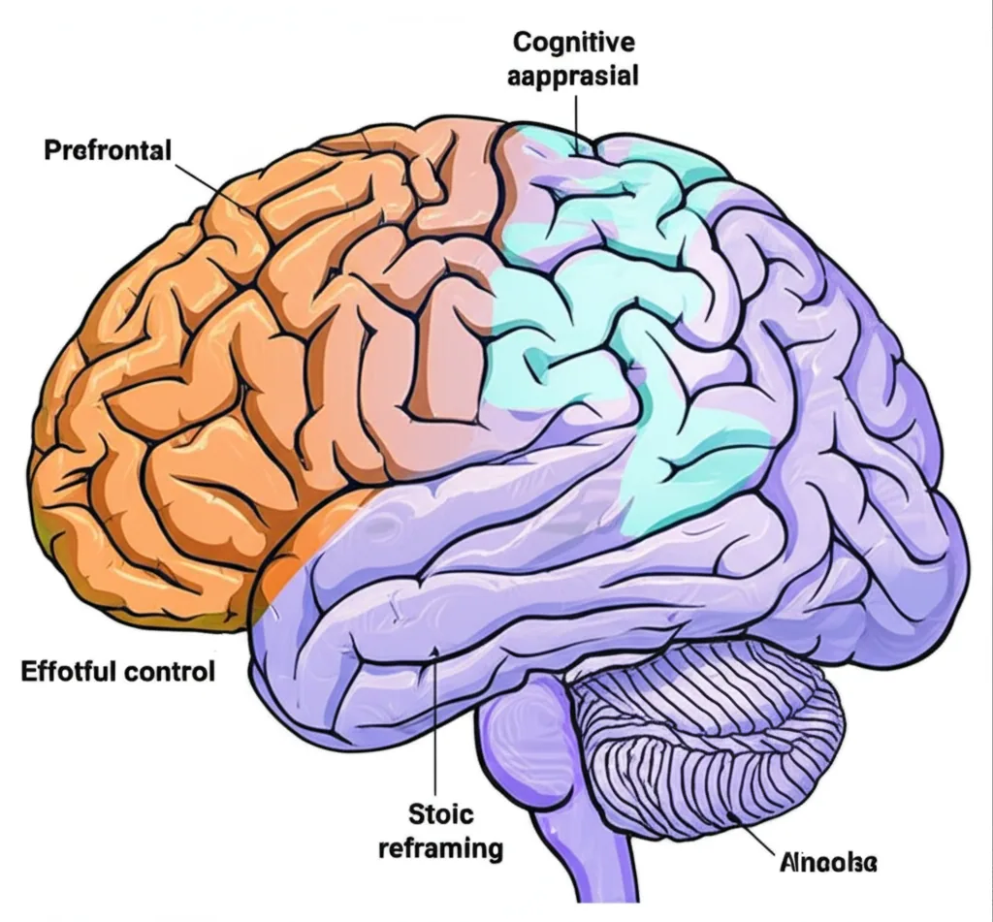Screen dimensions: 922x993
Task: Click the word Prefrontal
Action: [107, 151]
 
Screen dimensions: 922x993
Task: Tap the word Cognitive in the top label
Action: [573, 43]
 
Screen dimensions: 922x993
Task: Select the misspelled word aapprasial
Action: [573, 75]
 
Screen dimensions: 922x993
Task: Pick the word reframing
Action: [440, 849]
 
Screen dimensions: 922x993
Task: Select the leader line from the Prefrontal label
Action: [208, 184]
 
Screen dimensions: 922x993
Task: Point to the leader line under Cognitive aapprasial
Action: [579, 121]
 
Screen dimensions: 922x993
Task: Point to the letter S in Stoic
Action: [410, 814]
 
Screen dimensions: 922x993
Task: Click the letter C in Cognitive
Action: [522, 43]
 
